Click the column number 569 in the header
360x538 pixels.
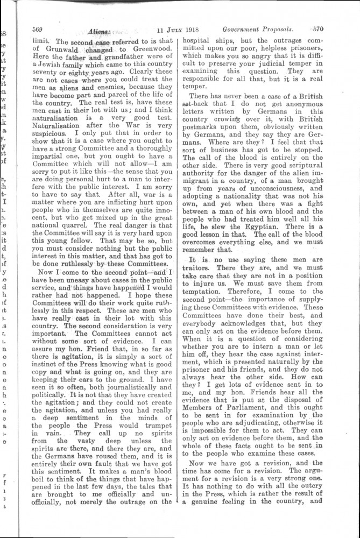tap(38, 30)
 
